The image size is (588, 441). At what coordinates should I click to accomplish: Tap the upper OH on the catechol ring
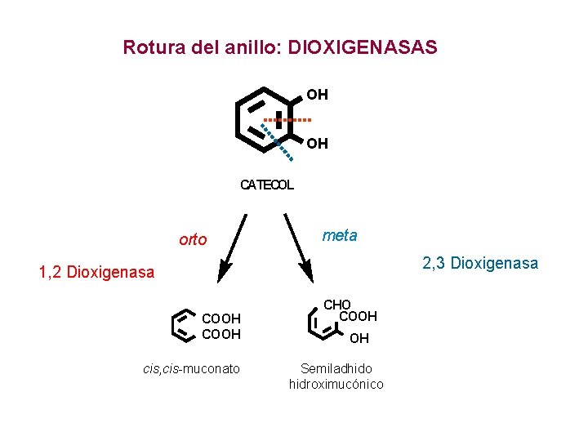coord(318,95)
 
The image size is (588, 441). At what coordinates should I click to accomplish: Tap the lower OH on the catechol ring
coord(318,144)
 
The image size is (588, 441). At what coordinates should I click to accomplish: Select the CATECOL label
coord(266,185)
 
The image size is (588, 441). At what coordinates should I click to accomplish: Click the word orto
coord(193,240)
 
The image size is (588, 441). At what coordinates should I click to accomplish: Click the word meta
coord(340,236)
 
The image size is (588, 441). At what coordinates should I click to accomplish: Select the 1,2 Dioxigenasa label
coord(96,272)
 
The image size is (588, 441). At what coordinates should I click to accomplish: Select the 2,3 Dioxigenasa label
coord(480,263)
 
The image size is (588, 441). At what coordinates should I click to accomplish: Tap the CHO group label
coord(336,305)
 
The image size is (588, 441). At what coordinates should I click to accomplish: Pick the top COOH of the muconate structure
coord(220,319)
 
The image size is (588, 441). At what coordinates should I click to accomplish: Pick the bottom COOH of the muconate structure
coord(220,334)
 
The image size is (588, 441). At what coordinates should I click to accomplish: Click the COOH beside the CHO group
coord(358,317)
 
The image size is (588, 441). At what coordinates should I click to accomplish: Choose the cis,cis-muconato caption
coord(191,369)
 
